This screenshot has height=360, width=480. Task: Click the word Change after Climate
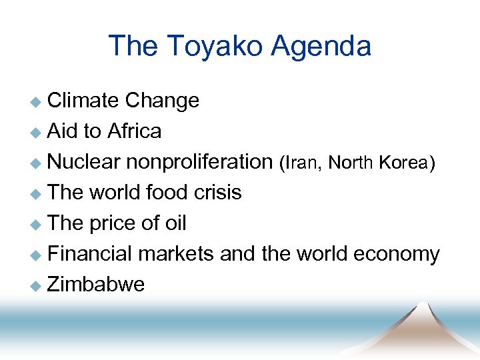coord(162,101)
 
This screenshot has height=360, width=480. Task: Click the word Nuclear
coord(84,162)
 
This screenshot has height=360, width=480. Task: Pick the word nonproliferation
coord(199,162)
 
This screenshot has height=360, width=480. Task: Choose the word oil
coord(175,223)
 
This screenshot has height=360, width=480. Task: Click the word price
coord(114,223)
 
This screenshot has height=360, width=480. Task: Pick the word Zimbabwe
coord(96,285)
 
